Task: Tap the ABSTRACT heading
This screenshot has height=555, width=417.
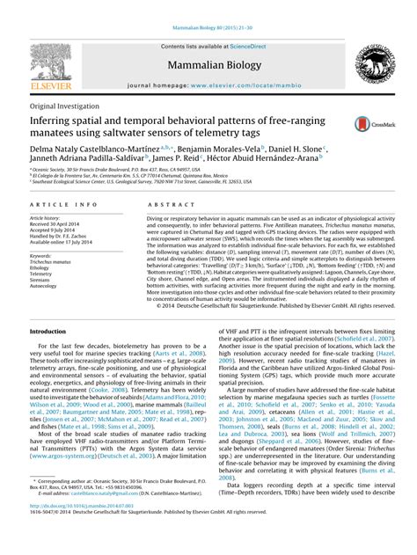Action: coord(165,203)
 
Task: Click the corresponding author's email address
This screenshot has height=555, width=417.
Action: coord(86,519)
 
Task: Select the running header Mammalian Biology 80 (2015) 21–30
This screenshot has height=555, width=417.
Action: coord(208,6)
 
